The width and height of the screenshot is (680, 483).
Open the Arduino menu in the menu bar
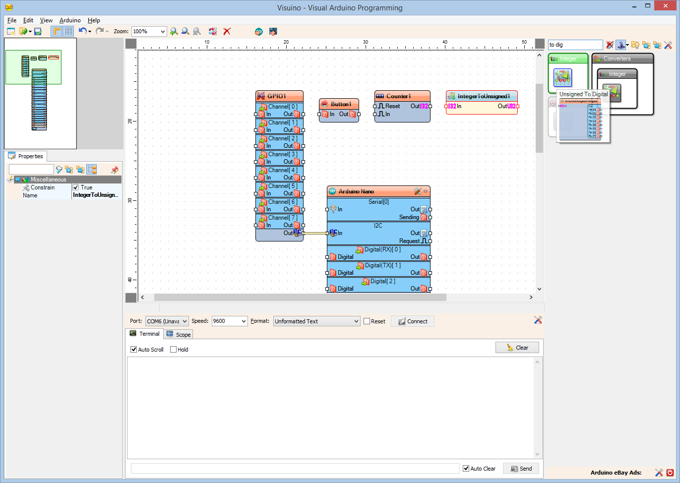[70, 20]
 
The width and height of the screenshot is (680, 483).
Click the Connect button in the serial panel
[413, 321]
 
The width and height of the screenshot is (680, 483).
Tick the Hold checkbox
[174, 350]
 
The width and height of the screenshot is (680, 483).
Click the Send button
[521, 469]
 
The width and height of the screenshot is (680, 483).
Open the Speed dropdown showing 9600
[229, 321]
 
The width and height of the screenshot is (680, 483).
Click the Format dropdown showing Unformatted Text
[316, 321]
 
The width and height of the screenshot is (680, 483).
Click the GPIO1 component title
[277, 96]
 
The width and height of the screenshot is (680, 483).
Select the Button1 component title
[341, 104]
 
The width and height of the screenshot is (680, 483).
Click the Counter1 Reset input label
[392, 106]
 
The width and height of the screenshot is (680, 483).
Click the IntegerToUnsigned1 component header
[483, 96]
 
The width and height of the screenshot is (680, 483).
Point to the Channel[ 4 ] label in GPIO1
[283, 170]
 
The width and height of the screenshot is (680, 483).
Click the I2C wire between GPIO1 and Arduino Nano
[315, 233]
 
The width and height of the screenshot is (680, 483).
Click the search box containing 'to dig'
[575, 45]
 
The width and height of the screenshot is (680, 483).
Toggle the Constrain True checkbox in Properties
[76, 187]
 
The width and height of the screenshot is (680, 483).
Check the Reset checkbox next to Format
[367, 321]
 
